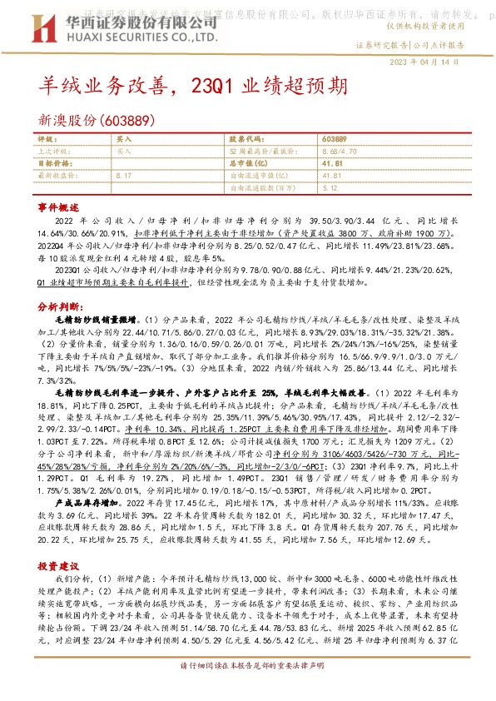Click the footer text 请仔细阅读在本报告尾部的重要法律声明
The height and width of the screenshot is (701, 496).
pyautogui.click(x=247, y=691)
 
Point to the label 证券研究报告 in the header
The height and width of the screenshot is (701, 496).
pyautogui.click(x=382, y=45)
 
